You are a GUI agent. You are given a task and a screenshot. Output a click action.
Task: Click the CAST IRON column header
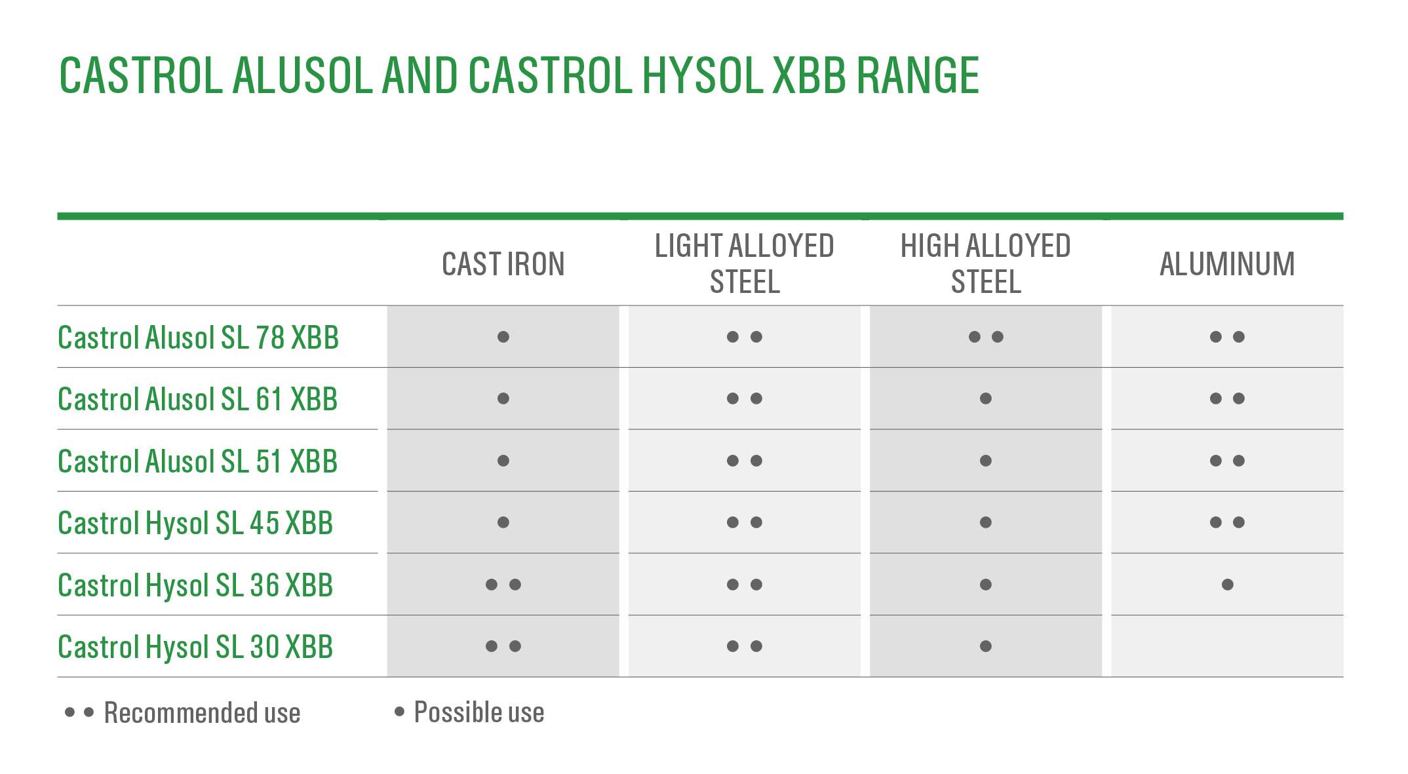pos(503,264)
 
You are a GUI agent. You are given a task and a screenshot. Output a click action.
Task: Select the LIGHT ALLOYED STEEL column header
pos(744,263)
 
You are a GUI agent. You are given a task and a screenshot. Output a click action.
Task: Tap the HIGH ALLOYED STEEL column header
pos(985,263)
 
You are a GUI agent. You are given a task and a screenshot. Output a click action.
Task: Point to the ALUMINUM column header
pos(1227,264)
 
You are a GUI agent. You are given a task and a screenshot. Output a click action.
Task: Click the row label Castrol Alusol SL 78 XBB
pos(198,338)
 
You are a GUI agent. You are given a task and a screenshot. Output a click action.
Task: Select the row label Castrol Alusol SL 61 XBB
pos(197,399)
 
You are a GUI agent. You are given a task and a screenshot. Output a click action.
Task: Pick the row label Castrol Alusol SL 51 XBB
pos(197,461)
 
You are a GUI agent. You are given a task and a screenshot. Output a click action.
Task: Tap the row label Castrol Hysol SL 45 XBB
pos(195,523)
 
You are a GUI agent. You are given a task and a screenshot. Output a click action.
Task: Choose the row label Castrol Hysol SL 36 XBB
pos(195,585)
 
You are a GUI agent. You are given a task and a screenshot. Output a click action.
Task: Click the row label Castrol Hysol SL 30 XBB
pos(195,647)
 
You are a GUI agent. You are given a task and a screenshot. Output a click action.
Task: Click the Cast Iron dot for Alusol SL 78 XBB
pos(503,337)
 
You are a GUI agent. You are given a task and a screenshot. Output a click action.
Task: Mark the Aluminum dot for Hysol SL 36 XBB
pos(1228,585)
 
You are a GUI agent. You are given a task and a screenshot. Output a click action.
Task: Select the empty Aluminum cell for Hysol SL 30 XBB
pos(1227,646)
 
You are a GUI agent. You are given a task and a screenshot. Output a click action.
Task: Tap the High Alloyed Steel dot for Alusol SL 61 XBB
pos(986,398)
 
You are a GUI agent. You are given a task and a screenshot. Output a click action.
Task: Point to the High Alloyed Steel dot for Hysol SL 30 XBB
pos(986,646)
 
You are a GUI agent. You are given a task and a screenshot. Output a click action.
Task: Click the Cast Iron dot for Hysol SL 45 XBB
pos(503,522)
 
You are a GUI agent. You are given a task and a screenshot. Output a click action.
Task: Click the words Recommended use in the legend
pos(202,713)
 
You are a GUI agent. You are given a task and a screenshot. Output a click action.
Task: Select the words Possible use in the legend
pos(479,712)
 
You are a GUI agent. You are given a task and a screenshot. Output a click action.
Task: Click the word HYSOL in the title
pos(702,75)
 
